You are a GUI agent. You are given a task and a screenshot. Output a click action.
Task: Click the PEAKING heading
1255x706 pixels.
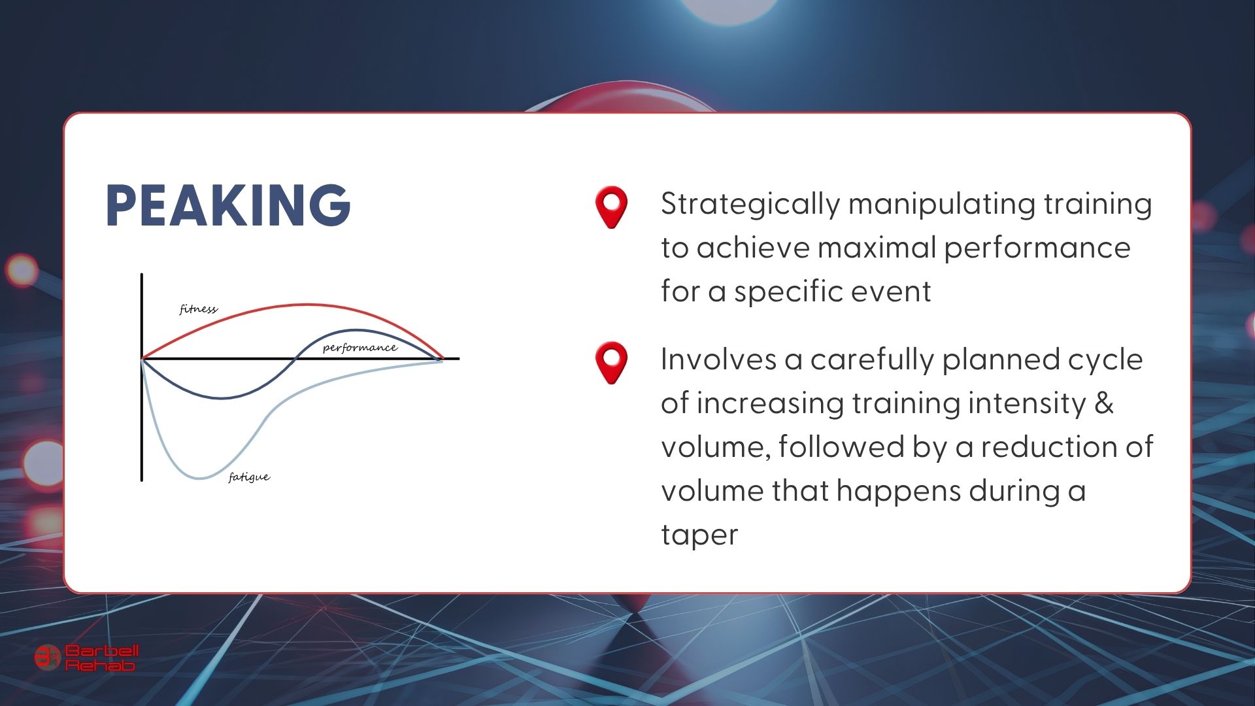point(228,205)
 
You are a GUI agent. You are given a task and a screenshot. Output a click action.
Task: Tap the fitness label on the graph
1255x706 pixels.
point(198,309)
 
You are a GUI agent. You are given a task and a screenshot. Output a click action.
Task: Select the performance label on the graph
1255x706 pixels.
point(360,347)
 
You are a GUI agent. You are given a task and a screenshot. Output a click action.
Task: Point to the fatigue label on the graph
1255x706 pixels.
point(249,477)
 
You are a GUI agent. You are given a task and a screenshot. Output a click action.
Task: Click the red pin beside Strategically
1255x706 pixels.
point(611,207)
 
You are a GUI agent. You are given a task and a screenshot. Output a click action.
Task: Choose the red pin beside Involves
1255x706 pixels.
point(611,363)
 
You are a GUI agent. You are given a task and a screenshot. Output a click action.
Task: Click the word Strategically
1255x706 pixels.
point(750,205)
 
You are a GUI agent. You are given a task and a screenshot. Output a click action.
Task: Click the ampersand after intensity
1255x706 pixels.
point(1104,403)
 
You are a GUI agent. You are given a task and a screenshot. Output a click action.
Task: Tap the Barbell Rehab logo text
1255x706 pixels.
point(102,658)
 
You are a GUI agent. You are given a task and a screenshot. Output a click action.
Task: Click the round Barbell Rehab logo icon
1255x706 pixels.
point(46,658)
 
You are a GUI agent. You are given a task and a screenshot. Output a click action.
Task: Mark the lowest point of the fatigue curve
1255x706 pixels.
point(200,479)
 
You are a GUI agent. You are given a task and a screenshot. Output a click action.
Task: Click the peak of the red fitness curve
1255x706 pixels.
point(307,305)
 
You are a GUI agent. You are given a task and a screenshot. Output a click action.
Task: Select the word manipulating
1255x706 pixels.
point(941,205)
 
